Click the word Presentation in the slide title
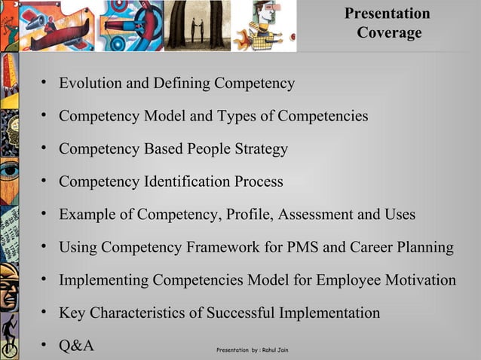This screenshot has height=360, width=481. (x=387, y=14)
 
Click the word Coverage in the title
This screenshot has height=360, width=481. (x=389, y=34)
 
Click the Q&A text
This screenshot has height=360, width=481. (x=76, y=346)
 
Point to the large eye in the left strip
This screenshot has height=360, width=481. (x=10, y=170)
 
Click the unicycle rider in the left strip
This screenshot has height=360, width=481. (x=10, y=331)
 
